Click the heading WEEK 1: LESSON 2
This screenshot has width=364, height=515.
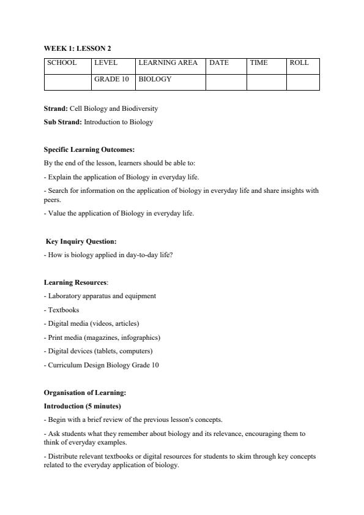pyautogui.click(x=77, y=48)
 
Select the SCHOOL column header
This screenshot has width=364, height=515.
pyautogui.click(x=62, y=63)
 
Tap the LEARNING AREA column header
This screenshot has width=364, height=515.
pyautogui.click(x=168, y=63)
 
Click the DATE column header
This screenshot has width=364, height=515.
pyautogui.click(x=219, y=63)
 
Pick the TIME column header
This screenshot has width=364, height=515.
pyautogui.click(x=259, y=63)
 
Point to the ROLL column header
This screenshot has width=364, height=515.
pyautogui.click(x=299, y=63)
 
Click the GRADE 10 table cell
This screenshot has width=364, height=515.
pyautogui.click(x=111, y=80)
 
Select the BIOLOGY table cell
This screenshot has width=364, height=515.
pyautogui.click(x=155, y=80)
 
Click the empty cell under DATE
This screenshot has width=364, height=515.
pyautogui.click(x=226, y=82)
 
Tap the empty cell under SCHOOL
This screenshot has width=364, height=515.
pyautogui.click(x=67, y=82)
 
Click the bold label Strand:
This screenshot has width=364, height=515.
pyautogui.click(x=56, y=108)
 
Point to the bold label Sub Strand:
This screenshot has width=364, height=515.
pyautogui.click(x=62, y=122)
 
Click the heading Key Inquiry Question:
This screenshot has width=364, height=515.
pyautogui.click(x=81, y=241)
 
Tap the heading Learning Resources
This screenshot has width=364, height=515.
pyautogui.click(x=75, y=282)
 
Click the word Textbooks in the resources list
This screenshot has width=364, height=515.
pyautogui.click(x=63, y=310)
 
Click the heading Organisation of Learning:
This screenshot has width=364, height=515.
pyautogui.click(x=85, y=393)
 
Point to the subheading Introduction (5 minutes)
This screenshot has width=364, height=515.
pyautogui.click(x=83, y=406)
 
